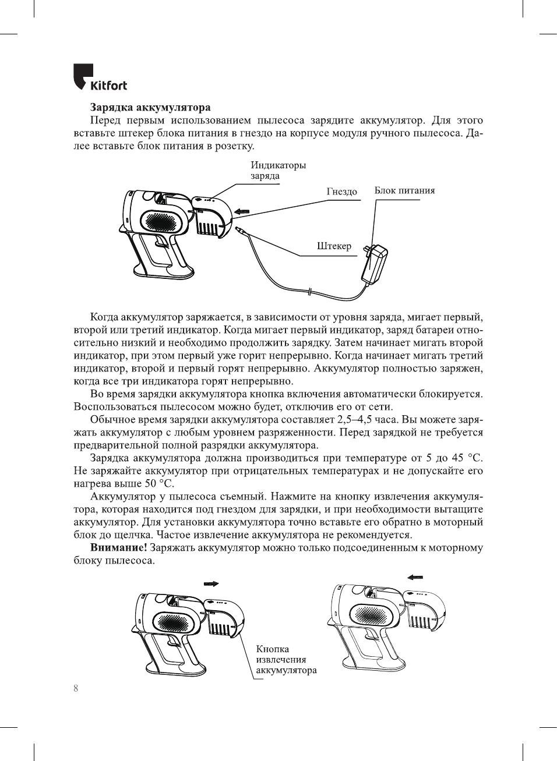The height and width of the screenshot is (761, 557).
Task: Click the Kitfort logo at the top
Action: coord(100,78)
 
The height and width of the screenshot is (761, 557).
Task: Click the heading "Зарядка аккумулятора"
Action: coord(150,107)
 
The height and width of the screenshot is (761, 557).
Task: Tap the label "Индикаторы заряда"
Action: coord(277,171)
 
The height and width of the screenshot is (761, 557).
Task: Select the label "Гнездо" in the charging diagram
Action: coord(341,192)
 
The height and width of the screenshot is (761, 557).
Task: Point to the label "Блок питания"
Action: coord(404,190)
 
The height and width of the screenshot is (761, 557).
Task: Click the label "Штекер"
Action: coord(334,246)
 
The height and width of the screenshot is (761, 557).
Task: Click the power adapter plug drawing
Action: coord(373,264)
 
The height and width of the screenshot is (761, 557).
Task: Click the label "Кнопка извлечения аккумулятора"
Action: coord(285,660)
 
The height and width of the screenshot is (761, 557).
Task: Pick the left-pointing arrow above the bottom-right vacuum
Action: coord(415,578)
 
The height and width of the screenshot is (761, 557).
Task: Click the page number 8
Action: coord(76,688)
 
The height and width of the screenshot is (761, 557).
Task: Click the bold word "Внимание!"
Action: coord(118,548)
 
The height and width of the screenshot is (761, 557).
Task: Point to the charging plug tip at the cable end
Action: coord(238,231)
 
